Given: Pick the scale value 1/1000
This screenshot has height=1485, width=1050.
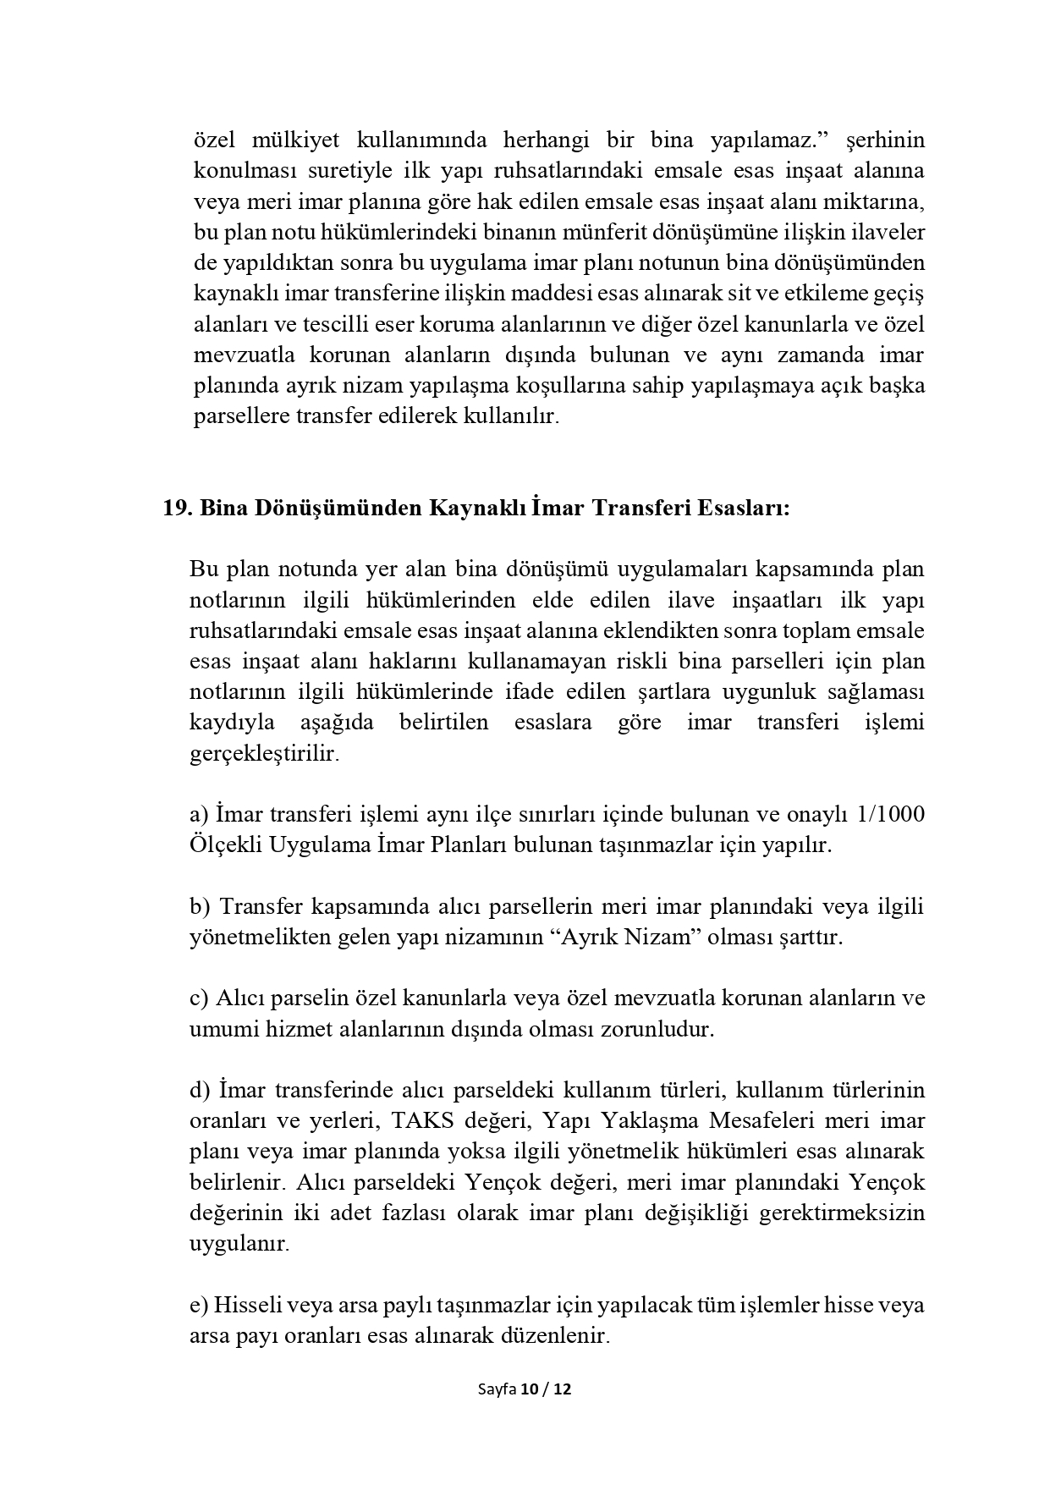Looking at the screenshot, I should (890, 814).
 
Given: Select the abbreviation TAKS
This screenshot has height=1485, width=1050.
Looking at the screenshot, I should (418, 1120).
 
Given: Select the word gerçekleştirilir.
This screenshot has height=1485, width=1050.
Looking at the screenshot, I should (264, 753).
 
